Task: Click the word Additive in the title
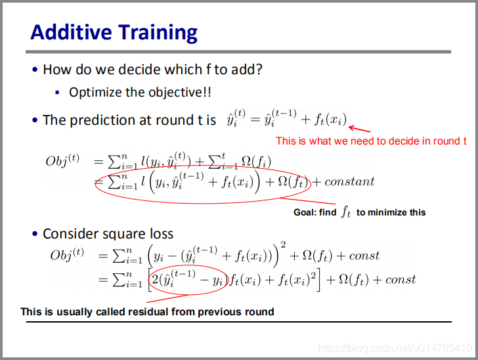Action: (71, 32)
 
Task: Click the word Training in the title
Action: (158, 33)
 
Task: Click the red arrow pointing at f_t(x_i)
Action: (359, 129)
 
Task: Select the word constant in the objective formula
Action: (349, 182)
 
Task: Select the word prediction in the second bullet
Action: (104, 120)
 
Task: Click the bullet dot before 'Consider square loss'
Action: (35, 234)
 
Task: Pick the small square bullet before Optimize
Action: (57, 93)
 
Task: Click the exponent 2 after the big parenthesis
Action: (283, 245)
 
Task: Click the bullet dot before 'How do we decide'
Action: (35, 70)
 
